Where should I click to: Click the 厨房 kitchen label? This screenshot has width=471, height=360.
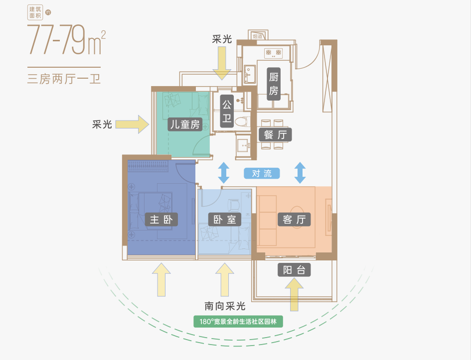click(273, 84)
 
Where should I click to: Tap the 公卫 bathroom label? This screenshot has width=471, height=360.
click(227, 112)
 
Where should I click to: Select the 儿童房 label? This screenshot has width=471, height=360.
click(184, 124)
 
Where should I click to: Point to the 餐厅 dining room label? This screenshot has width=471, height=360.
click(275, 134)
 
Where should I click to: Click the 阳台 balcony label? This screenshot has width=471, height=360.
click(294, 270)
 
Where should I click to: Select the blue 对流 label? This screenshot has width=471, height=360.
click(262, 173)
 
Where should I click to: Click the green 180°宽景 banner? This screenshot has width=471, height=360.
click(238, 322)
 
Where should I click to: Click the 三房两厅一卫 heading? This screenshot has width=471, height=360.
click(64, 79)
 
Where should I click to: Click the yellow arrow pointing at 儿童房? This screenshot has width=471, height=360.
click(132, 124)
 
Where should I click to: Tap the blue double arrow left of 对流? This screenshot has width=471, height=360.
click(223, 173)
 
